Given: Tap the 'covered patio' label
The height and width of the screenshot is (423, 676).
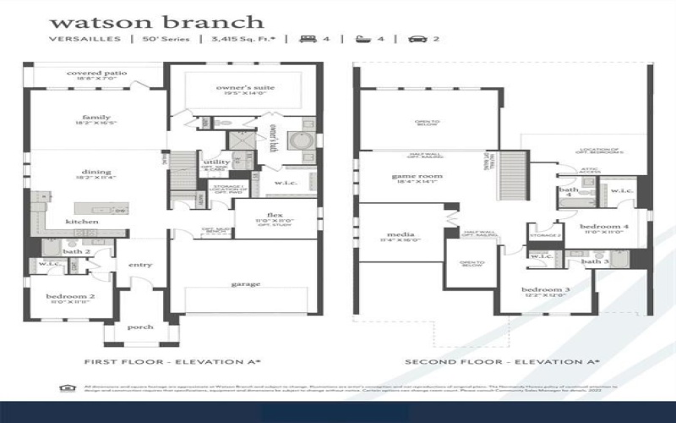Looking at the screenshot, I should [97, 74].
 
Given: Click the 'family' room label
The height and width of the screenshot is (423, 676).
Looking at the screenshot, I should [96, 118].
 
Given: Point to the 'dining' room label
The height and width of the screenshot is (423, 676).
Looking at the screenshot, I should [96, 172].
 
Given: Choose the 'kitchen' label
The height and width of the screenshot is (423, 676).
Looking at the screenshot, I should [82, 222].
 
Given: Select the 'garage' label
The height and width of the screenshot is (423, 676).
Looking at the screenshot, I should [245, 284].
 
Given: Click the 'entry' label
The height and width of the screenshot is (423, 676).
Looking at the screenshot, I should [139, 266].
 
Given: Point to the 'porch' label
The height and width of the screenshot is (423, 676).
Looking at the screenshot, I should [139, 327].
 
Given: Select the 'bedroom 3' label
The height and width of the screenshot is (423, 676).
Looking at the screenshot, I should [545, 290].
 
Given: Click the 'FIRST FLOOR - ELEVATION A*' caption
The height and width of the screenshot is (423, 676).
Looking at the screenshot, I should [172, 362].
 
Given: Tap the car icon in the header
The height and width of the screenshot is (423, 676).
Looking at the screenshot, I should [416, 39].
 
